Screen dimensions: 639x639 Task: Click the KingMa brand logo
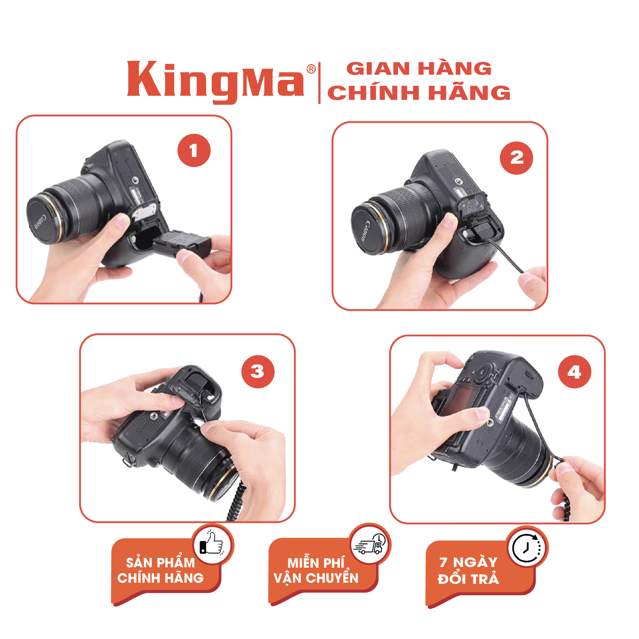pos(216,81)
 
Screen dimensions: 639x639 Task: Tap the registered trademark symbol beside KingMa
pos(311,69)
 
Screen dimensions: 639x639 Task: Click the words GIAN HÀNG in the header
pos(419,69)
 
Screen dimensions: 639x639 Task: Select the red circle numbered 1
pos(194,151)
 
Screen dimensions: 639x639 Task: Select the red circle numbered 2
pos(517,158)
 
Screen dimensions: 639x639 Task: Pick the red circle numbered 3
pos(258,372)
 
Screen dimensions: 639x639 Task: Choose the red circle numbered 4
pos(574,372)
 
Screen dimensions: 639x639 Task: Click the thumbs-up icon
pos(212,544)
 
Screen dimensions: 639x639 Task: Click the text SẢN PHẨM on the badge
pos(160,562)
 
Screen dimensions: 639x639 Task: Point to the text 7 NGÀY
pos(468,562)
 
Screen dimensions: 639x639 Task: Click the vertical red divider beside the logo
pos(319,83)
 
